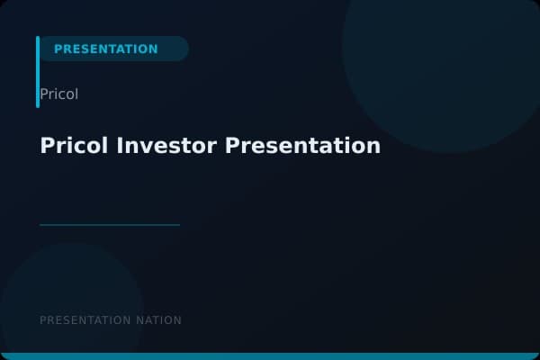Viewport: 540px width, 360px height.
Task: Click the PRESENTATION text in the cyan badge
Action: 105,49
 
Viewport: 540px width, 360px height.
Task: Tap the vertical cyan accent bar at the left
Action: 38,72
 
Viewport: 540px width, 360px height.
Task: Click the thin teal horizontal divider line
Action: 110,225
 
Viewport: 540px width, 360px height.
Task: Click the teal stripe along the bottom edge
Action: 270,356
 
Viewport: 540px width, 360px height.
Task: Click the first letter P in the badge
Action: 58,49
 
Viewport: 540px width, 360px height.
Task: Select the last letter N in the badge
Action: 153,49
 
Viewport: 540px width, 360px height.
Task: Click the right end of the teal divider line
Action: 178,225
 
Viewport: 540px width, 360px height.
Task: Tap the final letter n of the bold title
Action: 374,146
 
